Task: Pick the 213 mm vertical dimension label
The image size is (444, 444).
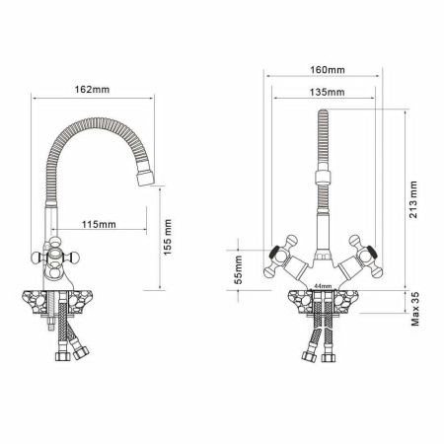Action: pyautogui.click(x=413, y=197)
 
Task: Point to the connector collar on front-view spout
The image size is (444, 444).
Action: pyautogui.click(x=321, y=181)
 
